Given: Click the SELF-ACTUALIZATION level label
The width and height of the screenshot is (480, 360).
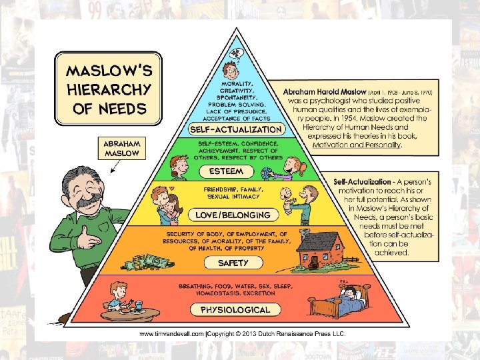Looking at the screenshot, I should point(236,128).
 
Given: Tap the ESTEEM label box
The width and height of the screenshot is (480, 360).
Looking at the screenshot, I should point(226,171).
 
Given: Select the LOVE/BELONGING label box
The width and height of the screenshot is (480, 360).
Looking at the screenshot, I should point(233,215).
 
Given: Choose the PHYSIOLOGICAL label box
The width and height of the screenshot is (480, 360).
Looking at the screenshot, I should point(235,309).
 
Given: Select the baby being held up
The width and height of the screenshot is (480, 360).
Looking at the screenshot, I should point(287,201).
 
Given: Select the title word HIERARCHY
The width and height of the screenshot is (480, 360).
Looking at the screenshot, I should point(109,89).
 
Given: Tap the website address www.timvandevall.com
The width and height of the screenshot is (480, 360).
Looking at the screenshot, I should point(175,333).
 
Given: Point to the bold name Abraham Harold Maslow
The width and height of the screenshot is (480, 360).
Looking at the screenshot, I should point(324,91).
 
